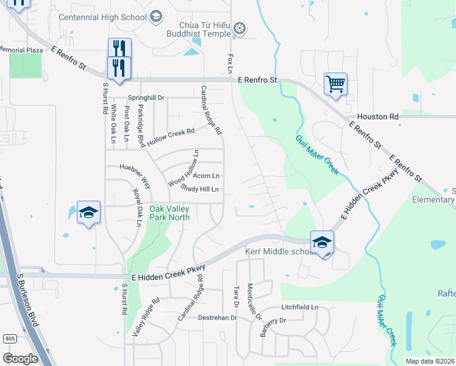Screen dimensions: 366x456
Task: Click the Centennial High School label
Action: tap(102, 16)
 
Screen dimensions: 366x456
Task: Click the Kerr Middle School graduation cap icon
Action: tap(322, 242)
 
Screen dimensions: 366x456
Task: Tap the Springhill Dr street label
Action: tap(146, 98)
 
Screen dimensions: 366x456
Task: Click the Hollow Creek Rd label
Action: tap(171, 135)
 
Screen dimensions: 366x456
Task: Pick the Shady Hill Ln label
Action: tap(199, 190)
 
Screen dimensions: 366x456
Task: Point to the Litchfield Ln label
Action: tap(300, 307)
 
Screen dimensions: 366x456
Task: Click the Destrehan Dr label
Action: tap(218, 318)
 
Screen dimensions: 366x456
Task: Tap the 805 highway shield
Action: tap(9, 339)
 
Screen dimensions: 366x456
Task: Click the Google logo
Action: tap(20, 358)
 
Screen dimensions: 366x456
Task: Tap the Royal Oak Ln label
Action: tap(138, 207)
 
